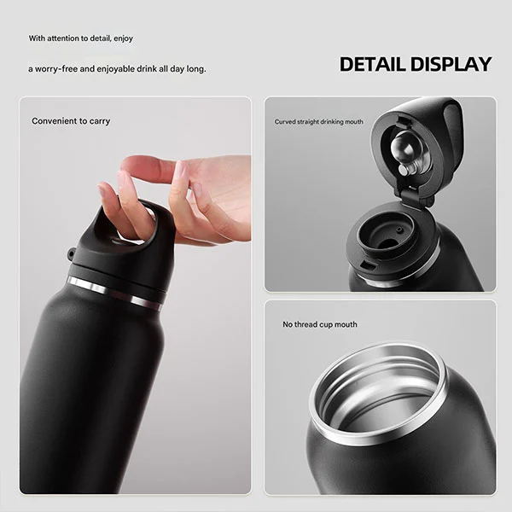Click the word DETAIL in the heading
[373, 64]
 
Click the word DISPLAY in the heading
[451, 64]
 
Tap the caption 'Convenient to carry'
[71, 121]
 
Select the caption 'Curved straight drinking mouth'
[318, 122]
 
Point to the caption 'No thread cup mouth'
[320, 324]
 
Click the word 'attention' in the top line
[62, 38]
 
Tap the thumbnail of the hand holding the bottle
[135, 295]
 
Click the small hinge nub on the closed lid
[71, 253]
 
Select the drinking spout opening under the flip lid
[386, 234]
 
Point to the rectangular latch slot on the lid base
[368, 265]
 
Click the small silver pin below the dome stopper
[404, 170]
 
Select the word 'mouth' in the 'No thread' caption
[346, 324]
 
